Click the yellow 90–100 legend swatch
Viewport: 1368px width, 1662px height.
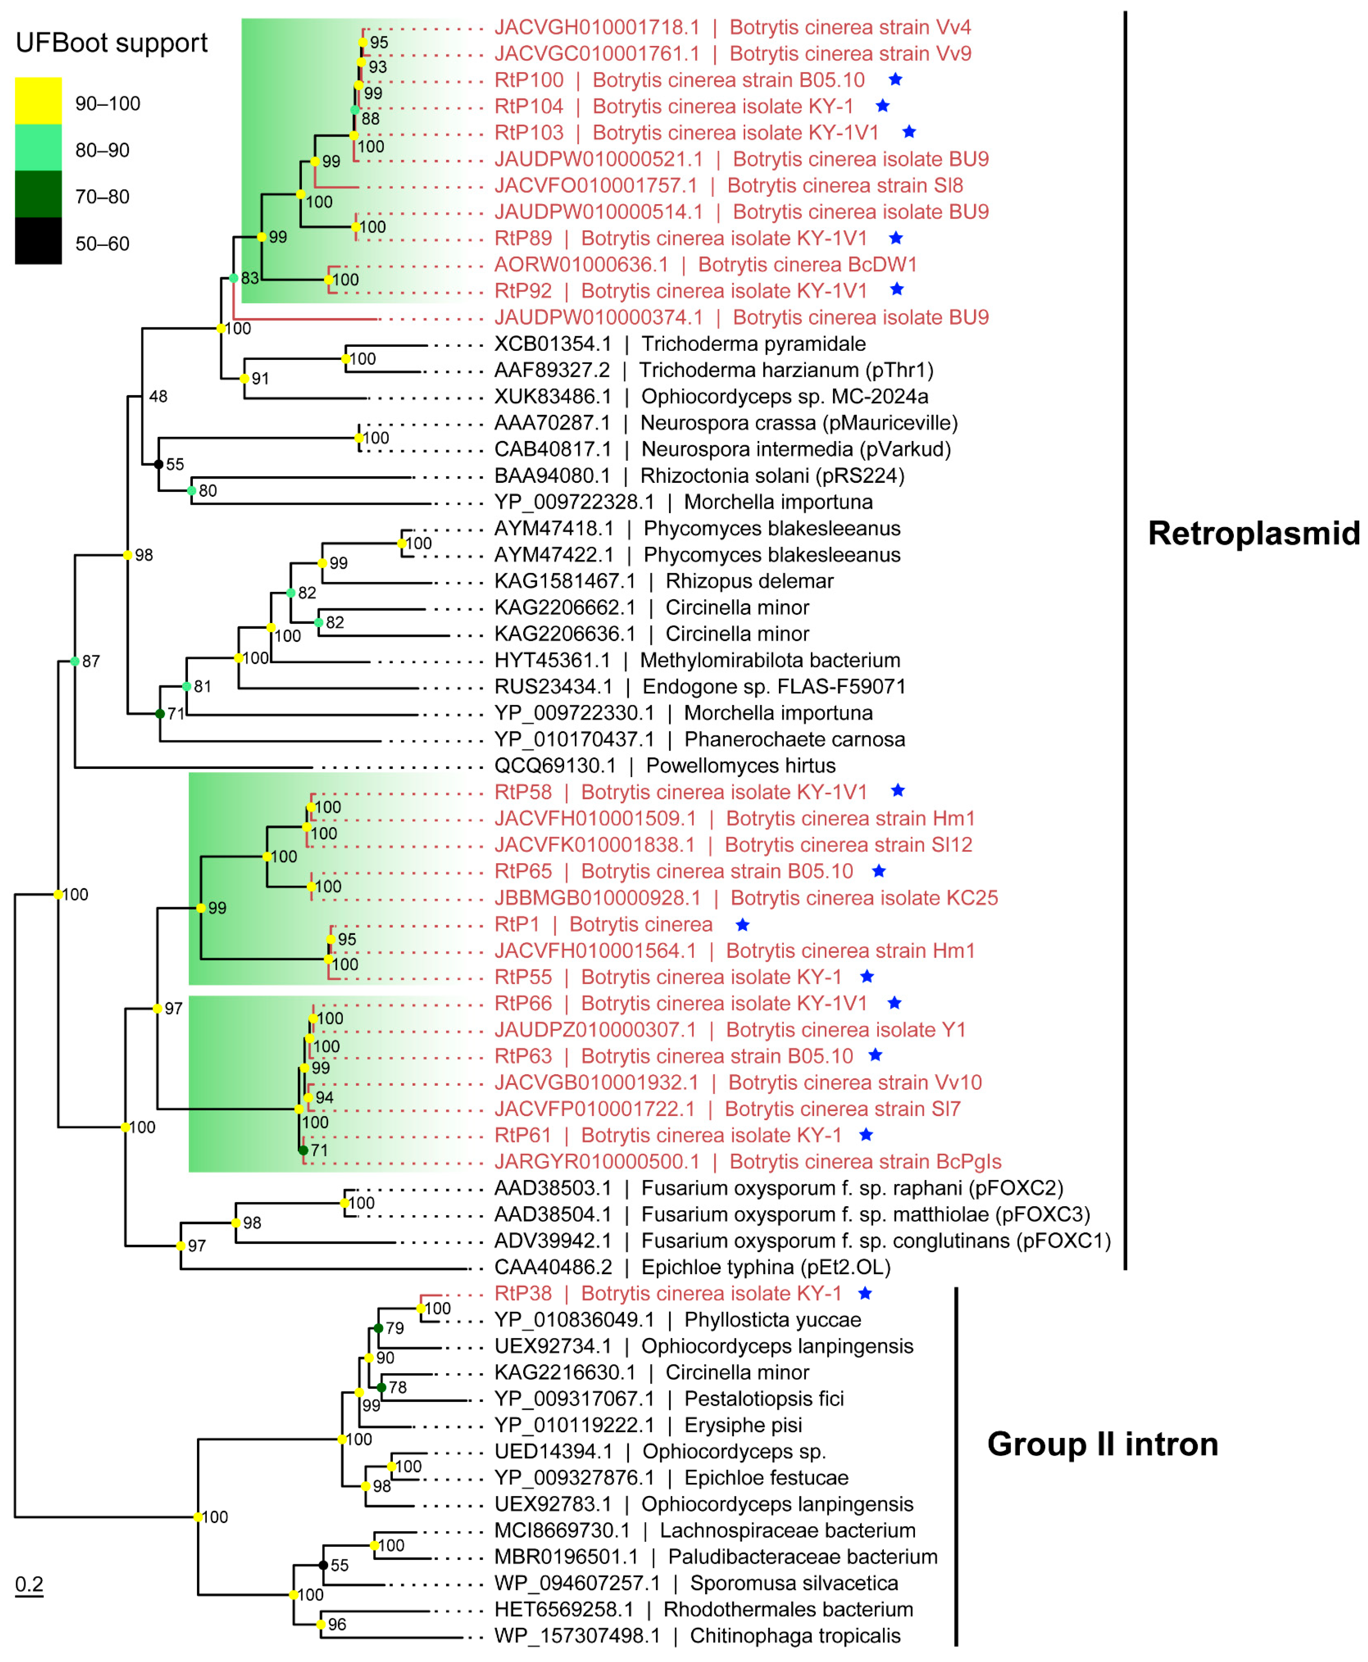(x=38, y=100)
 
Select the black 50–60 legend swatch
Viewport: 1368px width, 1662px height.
(x=38, y=240)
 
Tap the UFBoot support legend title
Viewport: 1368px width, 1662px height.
(x=111, y=42)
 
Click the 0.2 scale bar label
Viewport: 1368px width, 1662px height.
(x=29, y=1584)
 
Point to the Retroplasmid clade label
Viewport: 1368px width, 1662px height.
(x=1253, y=534)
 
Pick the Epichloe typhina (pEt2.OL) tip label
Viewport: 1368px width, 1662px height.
(x=692, y=1267)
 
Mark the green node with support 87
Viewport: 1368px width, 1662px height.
(x=75, y=661)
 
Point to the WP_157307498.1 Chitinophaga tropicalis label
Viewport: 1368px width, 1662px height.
(x=697, y=1636)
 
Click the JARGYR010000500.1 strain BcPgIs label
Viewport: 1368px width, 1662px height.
(x=747, y=1161)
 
